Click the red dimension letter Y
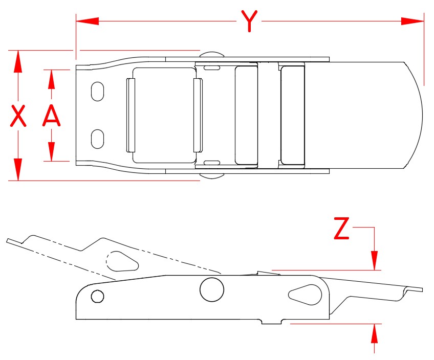(x=249, y=21)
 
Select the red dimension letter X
(x=18, y=116)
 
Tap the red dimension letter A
(x=51, y=116)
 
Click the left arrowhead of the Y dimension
(x=88, y=21)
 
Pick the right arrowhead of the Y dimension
(x=413, y=21)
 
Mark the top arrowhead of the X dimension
(x=18, y=61)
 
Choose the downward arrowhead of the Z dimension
(x=375, y=259)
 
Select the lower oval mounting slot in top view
(x=97, y=139)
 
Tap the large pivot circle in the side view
(x=211, y=289)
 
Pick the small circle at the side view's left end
(x=97, y=296)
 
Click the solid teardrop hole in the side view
(x=304, y=294)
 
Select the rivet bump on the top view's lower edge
(x=211, y=176)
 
